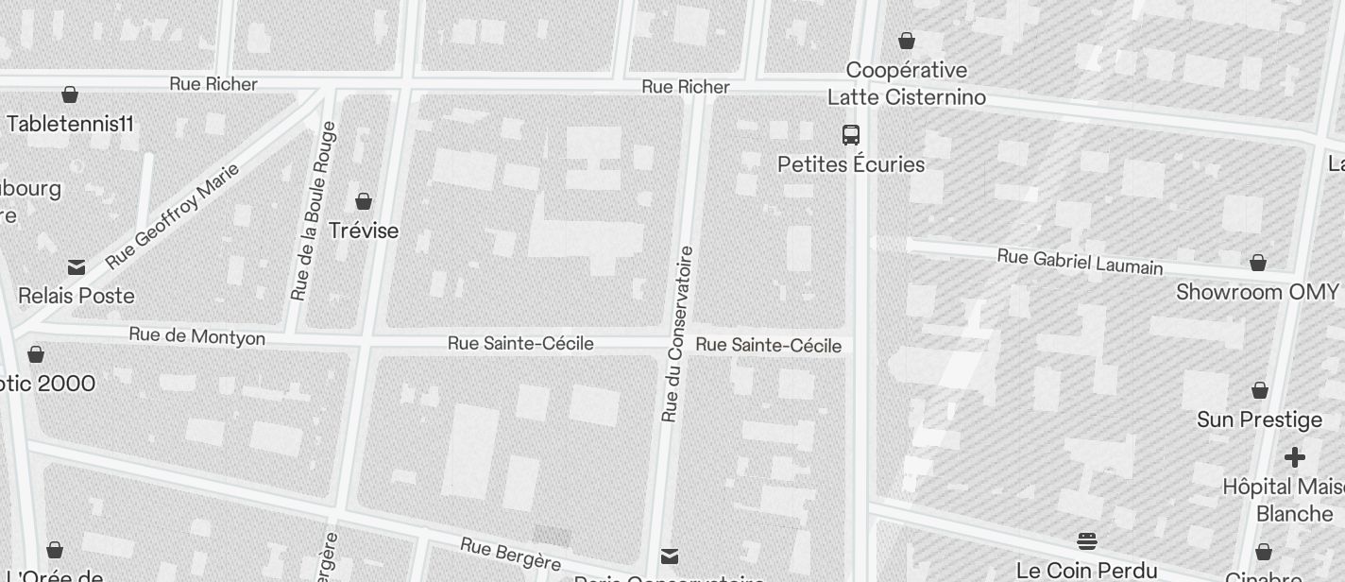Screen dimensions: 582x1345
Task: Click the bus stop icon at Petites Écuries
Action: (850, 135)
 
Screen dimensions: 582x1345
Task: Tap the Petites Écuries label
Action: (851, 164)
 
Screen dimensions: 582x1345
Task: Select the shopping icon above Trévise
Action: (364, 201)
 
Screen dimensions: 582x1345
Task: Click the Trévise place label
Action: (364, 231)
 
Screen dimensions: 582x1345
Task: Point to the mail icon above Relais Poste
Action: (77, 267)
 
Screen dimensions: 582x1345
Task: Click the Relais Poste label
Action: (77, 296)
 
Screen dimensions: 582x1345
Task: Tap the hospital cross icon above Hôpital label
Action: (1294, 458)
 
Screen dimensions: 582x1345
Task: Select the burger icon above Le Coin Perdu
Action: (1086, 541)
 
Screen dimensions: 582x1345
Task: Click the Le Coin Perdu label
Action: (1086, 570)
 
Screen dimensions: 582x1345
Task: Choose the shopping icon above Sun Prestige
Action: (1259, 390)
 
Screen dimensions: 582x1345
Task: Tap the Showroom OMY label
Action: (1257, 292)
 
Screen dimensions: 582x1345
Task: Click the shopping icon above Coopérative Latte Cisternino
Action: (907, 41)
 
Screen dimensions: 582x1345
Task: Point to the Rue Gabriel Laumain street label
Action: (1080, 262)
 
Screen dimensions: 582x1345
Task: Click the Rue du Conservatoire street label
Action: (678, 334)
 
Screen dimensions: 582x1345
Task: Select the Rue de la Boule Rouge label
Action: (314, 212)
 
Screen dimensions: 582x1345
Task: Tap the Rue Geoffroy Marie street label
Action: (172, 215)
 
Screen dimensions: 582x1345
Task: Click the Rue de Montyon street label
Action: (196, 336)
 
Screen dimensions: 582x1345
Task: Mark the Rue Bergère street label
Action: (511, 555)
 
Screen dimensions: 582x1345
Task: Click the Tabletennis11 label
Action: (70, 124)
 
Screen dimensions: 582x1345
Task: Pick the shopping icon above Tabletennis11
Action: (69, 94)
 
